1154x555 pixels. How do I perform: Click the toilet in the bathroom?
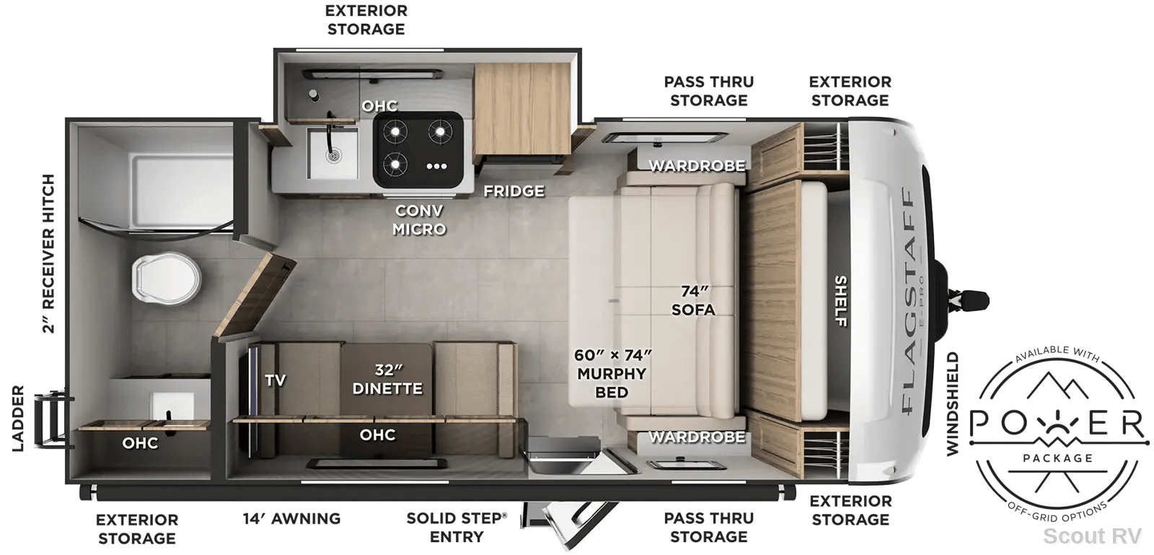pyautogui.click(x=166, y=276)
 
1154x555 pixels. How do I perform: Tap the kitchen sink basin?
pyautogui.click(x=332, y=153)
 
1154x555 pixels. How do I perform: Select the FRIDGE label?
pyautogui.click(x=514, y=191)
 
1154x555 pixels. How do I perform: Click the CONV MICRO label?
pyautogui.click(x=419, y=219)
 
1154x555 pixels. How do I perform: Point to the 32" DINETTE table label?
pyautogui.click(x=387, y=380)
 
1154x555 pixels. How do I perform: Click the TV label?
pyautogui.click(x=275, y=380)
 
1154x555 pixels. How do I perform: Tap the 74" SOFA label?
pyautogui.click(x=693, y=300)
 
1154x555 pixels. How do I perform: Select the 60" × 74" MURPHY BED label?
pyautogui.click(x=612, y=374)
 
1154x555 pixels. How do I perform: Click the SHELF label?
pyautogui.click(x=840, y=301)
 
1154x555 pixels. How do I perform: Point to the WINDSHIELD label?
pyautogui.click(x=953, y=403)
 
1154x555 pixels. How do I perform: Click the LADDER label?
pyautogui.click(x=18, y=419)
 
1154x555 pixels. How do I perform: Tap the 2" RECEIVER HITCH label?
pyautogui.click(x=48, y=253)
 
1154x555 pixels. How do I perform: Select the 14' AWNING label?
pyautogui.click(x=291, y=518)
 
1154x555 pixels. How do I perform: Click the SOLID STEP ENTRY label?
pyautogui.click(x=457, y=527)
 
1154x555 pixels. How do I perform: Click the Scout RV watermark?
pyautogui.click(x=1092, y=536)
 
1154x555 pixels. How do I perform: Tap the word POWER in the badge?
pyautogui.click(x=1057, y=424)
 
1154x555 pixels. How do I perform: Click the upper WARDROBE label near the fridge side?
pyautogui.click(x=697, y=165)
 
